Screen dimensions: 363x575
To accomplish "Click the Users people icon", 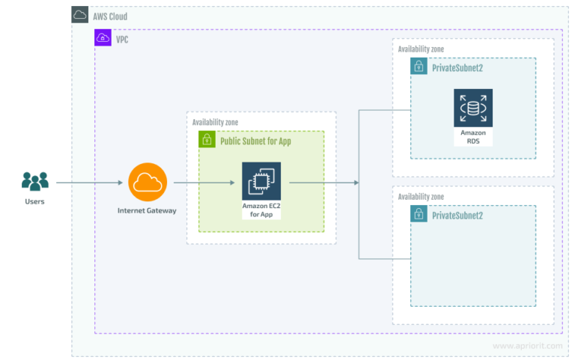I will [34, 180].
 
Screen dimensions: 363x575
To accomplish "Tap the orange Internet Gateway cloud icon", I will [148, 182].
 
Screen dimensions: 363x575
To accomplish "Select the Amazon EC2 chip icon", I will [261, 181].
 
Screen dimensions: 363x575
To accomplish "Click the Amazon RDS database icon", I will [472, 108].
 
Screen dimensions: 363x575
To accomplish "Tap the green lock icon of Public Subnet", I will [207, 140].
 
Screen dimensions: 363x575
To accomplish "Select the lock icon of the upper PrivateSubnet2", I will [419, 67].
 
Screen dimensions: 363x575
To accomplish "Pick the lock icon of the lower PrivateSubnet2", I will [419, 215].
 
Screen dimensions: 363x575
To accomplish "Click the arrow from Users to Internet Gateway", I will [88, 182].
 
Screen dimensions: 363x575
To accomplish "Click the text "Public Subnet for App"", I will [255, 141].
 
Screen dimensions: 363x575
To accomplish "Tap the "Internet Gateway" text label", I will [147, 210].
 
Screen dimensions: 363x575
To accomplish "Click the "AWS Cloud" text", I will [109, 16].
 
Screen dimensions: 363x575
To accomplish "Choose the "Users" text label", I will [34, 201].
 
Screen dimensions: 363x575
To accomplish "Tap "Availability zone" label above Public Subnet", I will [215, 122].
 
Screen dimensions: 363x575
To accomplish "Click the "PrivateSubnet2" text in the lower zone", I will [457, 216].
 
